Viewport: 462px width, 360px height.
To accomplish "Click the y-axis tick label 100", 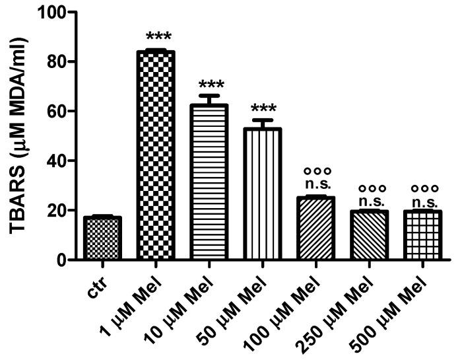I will (x=54, y=13).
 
